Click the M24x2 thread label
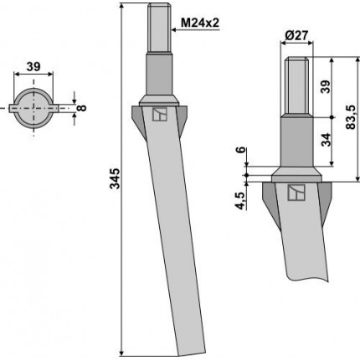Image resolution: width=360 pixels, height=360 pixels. [200, 23]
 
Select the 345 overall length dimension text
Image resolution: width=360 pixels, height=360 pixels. [115, 178]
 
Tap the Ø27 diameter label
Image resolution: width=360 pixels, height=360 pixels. [296, 35]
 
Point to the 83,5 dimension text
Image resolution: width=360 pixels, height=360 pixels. [351, 117]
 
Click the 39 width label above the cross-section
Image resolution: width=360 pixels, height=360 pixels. [33, 67]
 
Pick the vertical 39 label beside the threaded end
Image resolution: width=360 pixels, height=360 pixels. [326, 87]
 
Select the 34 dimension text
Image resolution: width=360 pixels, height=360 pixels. [326, 140]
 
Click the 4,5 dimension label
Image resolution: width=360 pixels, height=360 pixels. [240, 201]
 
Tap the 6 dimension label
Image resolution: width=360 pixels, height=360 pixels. [241, 149]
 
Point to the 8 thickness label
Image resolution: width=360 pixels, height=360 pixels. [82, 108]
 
